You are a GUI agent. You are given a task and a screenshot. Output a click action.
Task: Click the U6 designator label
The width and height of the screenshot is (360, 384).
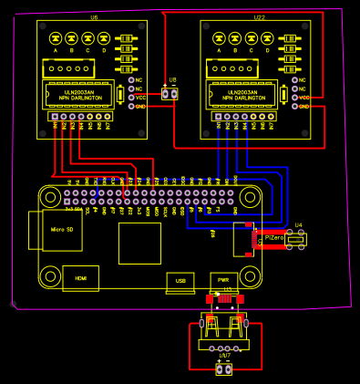pos(94,17)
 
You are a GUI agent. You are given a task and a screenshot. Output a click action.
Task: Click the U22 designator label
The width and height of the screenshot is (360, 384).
pos(260,17)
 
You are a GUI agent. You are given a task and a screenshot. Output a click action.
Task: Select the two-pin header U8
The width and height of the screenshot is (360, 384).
pos(170,93)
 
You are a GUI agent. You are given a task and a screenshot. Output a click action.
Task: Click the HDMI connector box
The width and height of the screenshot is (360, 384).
pos(80,278)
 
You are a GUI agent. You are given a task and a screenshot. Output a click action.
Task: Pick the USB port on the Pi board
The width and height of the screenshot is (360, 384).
pos(180,281)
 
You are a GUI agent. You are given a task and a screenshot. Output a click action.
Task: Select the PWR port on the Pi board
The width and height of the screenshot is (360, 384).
pos(223,281)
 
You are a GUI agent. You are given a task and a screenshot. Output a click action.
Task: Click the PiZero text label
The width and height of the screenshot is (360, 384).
pos(273,237)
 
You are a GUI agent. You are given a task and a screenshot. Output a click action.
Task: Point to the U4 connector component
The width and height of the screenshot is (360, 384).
pos(295,239)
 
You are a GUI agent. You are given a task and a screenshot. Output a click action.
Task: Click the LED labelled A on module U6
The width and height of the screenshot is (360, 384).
pos(56,38)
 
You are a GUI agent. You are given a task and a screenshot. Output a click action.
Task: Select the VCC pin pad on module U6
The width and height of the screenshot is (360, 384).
pos(131,98)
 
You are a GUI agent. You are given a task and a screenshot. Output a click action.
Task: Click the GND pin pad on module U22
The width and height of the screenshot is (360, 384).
pos(294,107)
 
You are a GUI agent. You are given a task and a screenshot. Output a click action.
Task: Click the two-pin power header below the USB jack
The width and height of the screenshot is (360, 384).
pos(223,368)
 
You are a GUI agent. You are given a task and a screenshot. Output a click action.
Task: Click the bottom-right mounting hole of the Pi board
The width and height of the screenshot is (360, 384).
pos(250,273)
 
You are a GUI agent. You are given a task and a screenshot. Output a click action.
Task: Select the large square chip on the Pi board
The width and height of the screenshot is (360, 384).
pos(139,243)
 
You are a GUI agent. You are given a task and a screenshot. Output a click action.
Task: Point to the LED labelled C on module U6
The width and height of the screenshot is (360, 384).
pos(88,38)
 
